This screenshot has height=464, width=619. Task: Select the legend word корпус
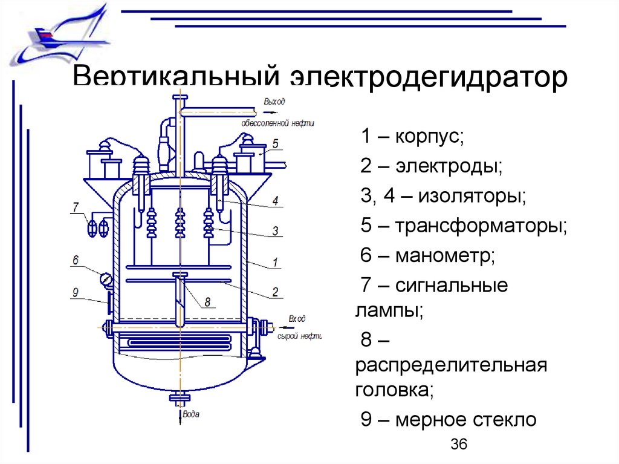pyautogui.click(x=429, y=136)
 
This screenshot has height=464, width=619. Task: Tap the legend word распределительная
pyautogui.click(x=451, y=366)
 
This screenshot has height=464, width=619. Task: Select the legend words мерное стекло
pyautogui.click(x=465, y=419)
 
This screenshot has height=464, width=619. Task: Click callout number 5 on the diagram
pyautogui.click(x=275, y=144)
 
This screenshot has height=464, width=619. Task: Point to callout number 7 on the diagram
pyautogui.click(x=76, y=207)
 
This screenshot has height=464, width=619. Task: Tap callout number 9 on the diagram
pyautogui.click(x=76, y=292)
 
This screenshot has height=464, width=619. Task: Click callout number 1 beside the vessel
pyautogui.click(x=275, y=263)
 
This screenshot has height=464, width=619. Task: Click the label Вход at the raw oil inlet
pyautogui.click(x=297, y=318)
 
